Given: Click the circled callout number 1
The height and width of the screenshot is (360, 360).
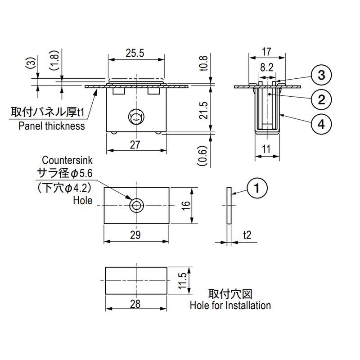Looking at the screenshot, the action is coord(257,188).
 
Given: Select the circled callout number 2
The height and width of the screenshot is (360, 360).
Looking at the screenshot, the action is coord(321,99).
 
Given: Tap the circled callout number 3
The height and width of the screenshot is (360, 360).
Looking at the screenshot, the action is coord(321,75).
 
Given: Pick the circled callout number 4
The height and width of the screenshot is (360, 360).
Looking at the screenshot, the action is coord(321,124).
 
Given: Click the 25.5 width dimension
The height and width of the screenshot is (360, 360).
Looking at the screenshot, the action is coord(135,53).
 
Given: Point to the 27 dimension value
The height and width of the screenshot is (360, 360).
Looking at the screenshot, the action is coord(135,145).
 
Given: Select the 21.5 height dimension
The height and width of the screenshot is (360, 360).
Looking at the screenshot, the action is coord(203,110).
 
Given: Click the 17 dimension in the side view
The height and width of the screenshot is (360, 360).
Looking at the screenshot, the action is coord(266,52).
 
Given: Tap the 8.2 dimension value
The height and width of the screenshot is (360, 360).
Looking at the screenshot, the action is coord(266,67).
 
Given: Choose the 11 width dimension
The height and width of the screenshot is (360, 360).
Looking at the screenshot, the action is coord(266,149).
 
